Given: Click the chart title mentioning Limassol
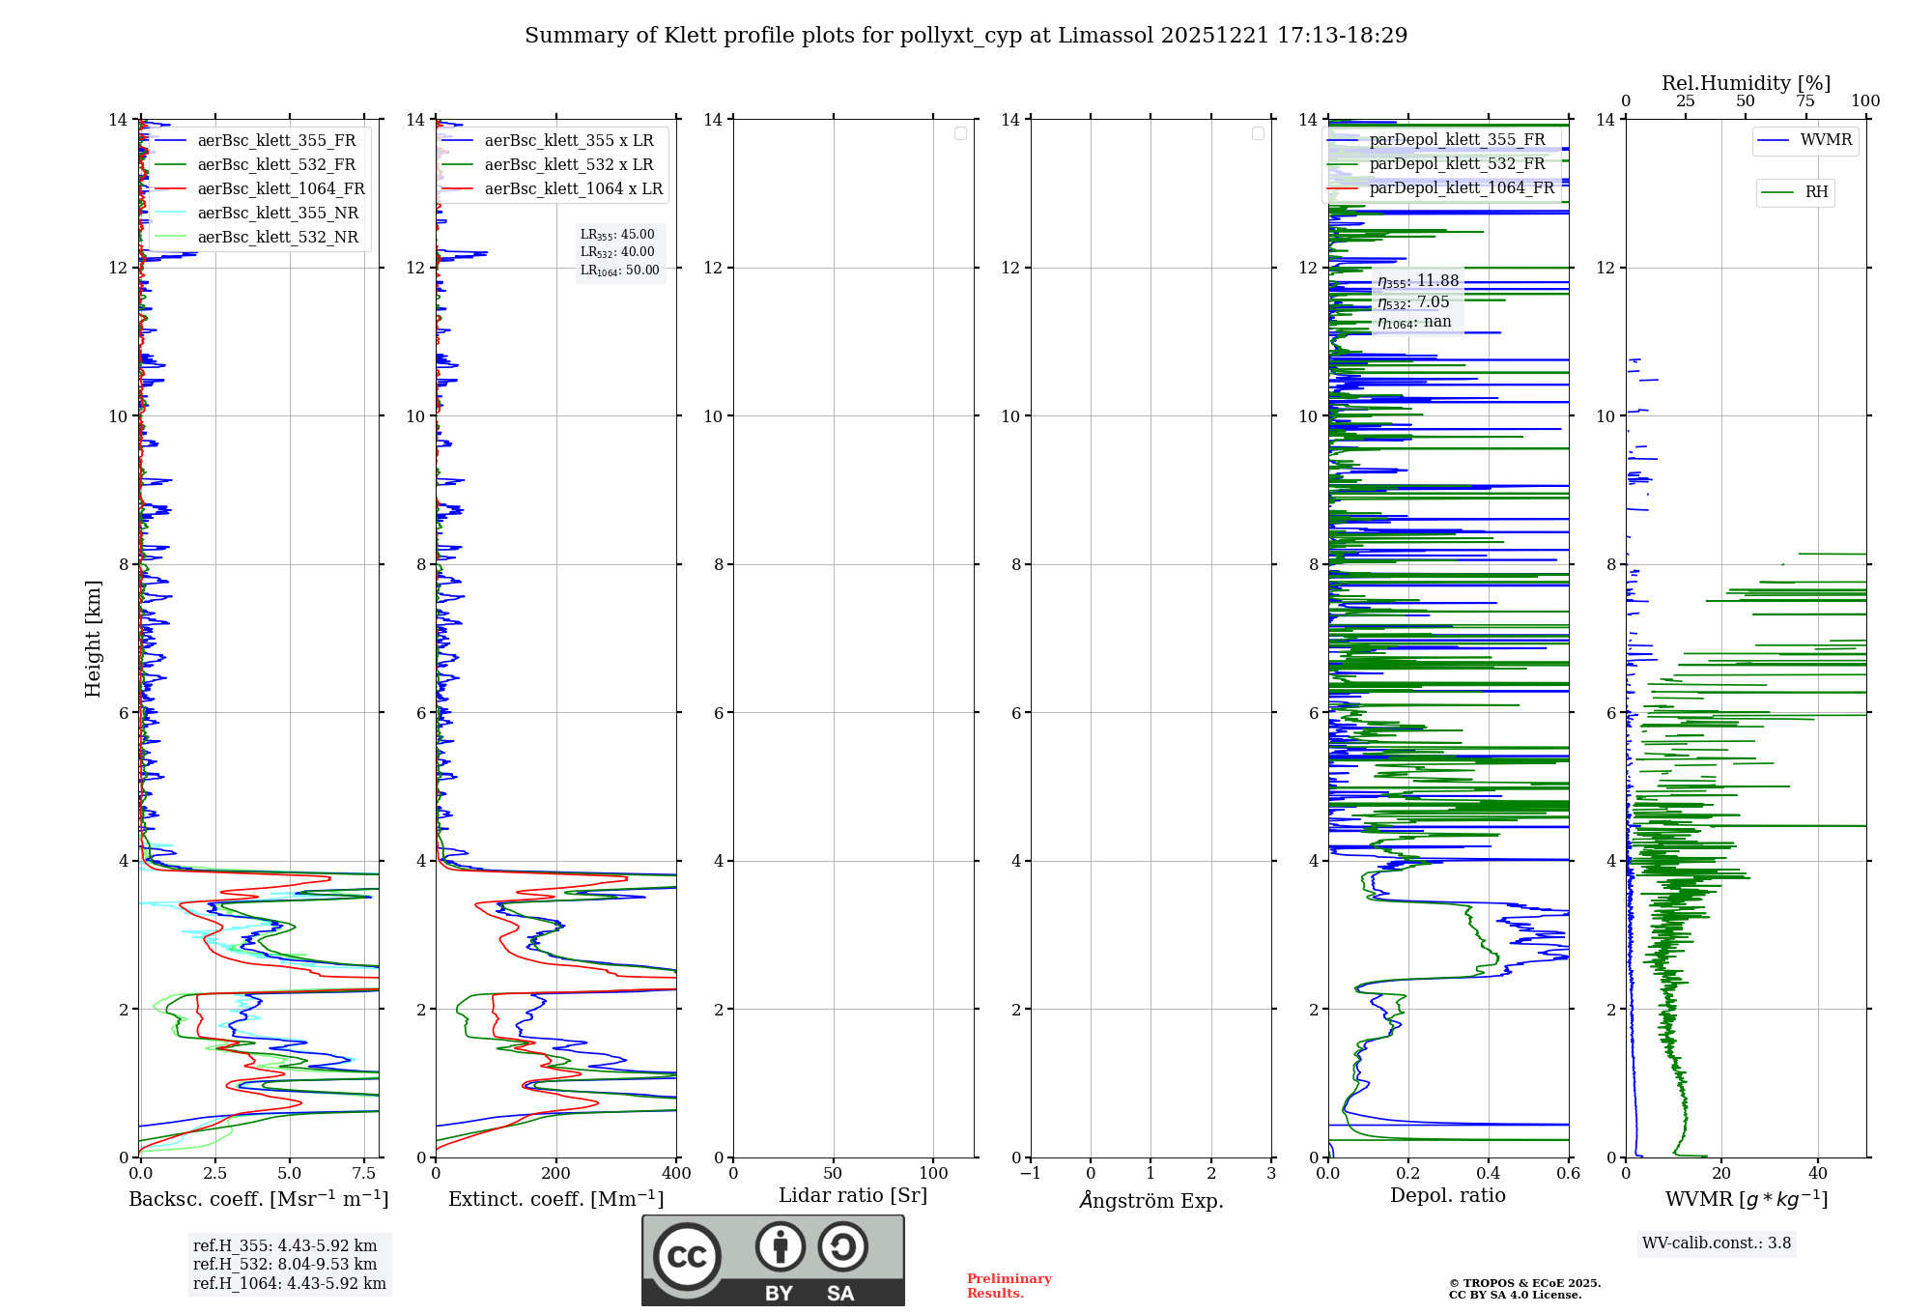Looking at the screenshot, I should pyautogui.click(x=966, y=36).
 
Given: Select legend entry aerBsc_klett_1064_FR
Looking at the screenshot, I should pyautogui.click(x=280, y=188).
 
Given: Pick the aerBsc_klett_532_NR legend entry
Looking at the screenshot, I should pyautogui.click(x=277, y=237).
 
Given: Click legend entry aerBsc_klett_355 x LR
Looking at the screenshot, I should pyautogui.click(x=568, y=140).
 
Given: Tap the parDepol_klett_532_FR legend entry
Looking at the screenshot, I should pyautogui.click(x=1457, y=163).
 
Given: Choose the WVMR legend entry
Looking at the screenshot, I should pyautogui.click(x=1825, y=140).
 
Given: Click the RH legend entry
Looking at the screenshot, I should pyautogui.click(x=1815, y=192).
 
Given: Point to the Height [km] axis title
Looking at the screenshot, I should pyautogui.click(x=93, y=638).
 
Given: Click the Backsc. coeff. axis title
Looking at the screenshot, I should pyautogui.click(x=258, y=1199).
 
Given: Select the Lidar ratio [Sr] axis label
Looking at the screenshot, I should pyautogui.click(x=852, y=1195).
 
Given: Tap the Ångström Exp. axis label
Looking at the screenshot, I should pyautogui.click(x=1151, y=1200).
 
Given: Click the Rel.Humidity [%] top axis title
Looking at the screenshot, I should pyautogui.click(x=1746, y=83).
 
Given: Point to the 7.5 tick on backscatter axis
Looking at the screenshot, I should pyautogui.click(x=364, y=1173).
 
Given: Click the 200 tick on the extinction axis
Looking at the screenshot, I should pyautogui.click(x=555, y=1173).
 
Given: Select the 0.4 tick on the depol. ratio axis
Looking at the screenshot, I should pyautogui.click(x=1489, y=1173).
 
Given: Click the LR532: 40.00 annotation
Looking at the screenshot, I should pyautogui.click(x=617, y=252).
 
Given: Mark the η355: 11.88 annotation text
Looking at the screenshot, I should pyautogui.click(x=1417, y=281).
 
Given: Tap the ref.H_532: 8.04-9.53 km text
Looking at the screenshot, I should pyautogui.click(x=285, y=1264).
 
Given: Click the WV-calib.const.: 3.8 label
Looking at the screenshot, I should pyautogui.click(x=1717, y=1243).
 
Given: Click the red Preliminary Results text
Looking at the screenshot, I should pyautogui.click(x=1009, y=1285).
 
